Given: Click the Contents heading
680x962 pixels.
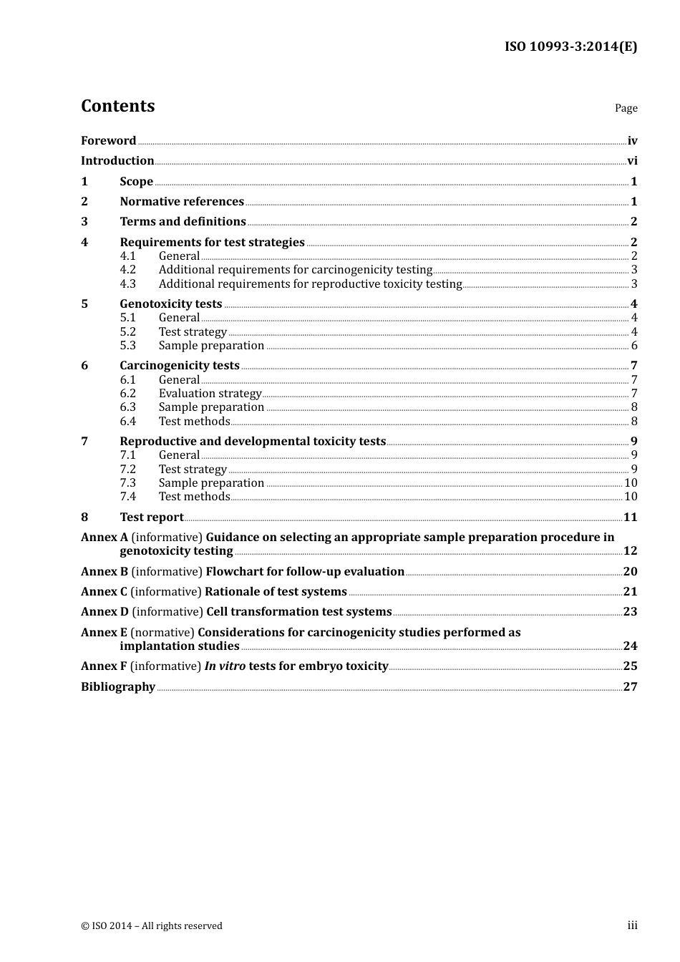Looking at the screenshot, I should [x=117, y=106].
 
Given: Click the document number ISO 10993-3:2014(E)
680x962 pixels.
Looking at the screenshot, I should [x=570, y=47].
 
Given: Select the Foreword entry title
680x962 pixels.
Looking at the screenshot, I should [x=108, y=141].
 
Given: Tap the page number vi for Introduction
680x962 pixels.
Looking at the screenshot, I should [x=632, y=161].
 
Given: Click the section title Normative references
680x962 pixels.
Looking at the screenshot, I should [x=182, y=202].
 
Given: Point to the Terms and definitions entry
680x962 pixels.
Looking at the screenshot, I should [x=183, y=222].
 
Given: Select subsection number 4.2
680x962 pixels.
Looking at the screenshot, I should [x=127, y=270].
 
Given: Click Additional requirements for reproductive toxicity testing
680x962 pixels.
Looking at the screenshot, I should [x=310, y=284].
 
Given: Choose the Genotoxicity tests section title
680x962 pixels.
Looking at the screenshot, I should [x=170, y=304].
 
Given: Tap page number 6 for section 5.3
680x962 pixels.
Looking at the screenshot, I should [x=634, y=346].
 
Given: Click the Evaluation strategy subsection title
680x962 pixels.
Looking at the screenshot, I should [x=210, y=394].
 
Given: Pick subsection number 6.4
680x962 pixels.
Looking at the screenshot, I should [x=127, y=422].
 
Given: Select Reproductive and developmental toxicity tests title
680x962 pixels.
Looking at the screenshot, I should [x=253, y=442].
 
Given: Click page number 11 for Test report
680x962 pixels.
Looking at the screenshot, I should [x=630, y=518].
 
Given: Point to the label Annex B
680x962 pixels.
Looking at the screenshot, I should [x=105, y=572].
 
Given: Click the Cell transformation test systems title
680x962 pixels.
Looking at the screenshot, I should [x=298, y=612].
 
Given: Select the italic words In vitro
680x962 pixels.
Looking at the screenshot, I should [x=225, y=666].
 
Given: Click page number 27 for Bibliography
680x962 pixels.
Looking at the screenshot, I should [x=630, y=687].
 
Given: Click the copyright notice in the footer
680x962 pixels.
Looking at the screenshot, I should [x=152, y=926].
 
